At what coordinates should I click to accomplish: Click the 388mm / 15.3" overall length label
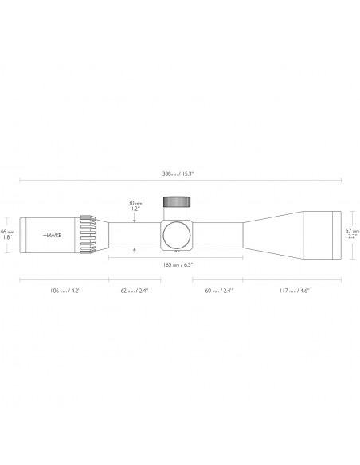178,173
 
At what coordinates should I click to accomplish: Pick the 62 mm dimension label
134,291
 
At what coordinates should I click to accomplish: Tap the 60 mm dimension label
217,291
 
